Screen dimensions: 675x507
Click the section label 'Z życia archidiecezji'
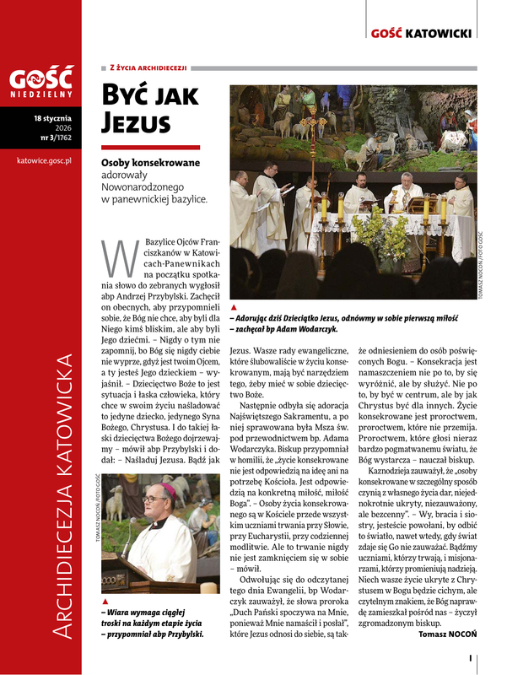click(x=148, y=67)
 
